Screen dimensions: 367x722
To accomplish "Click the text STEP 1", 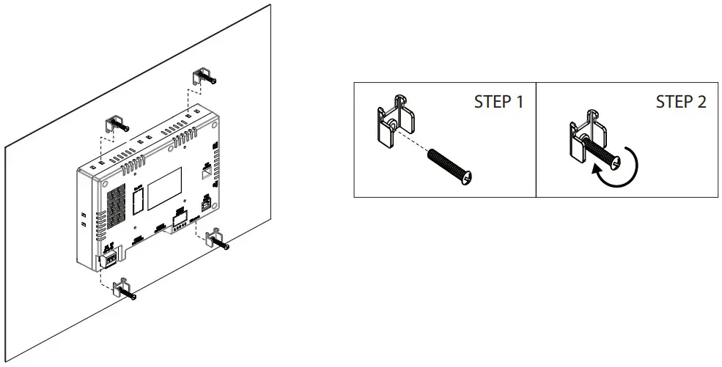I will tap(498, 102).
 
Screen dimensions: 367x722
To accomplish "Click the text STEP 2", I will tap(680, 102).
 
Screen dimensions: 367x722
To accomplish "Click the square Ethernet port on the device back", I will tap(207, 172).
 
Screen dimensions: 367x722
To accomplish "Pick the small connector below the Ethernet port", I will tap(206, 204).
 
